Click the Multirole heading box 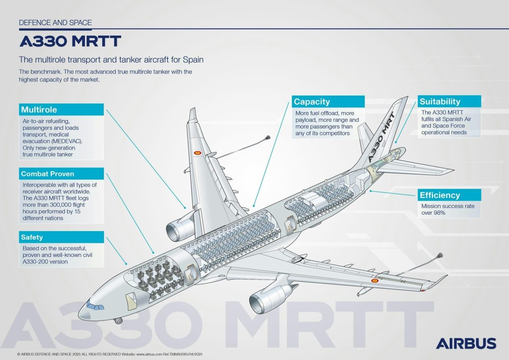(62, 110)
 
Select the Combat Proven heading (62, 174)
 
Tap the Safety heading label (62, 237)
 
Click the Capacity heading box (328, 102)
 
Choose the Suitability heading (449, 101)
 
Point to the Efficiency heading (449, 195)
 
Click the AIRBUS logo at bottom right (466, 343)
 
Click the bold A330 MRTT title (70, 42)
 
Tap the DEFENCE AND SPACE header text (55, 22)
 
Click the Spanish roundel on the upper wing (197, 153)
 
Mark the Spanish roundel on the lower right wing (375, 280)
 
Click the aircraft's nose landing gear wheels (118, 320)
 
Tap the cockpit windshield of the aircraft (94, 306)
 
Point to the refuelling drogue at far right (440, 256)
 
